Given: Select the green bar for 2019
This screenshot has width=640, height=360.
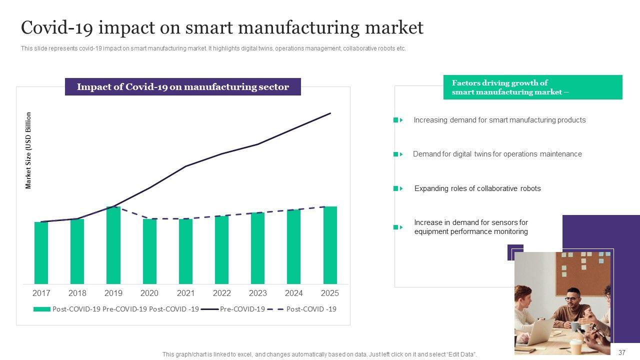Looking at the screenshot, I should pyautogui.click(x=113, y=245).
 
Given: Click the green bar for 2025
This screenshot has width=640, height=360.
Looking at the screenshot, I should pyautogui.click(x=330, y=245).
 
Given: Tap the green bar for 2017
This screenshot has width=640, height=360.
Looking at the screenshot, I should pyautogui.click(x=41, y=252).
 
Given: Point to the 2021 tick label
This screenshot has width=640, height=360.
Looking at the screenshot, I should pyautogui.click(x=185, y=293).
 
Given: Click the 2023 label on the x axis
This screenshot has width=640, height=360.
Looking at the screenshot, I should pyautogui.click(x=258, y=293).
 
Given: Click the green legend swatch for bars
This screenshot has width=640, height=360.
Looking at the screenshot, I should pyautogui.click(x=42, y=309).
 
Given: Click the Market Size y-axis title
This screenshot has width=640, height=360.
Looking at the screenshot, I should pyautogui.click(x=28, y=150).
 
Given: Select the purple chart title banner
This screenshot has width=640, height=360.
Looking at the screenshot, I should pyautogui.click(x=183, y=87).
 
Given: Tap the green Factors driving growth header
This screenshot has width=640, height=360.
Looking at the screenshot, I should pyautogui.click(x=532, y=87).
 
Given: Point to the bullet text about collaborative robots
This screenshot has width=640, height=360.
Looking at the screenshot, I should pyautogui.click(x=477, y=188).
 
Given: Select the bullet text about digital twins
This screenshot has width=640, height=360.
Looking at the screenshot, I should pyautogui.click(x=497, y=154).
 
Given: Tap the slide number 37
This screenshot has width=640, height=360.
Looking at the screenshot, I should pyautogui.click(x=622, y=352).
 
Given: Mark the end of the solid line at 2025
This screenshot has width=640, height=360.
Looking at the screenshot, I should pyautogui.click(x=330, y=113).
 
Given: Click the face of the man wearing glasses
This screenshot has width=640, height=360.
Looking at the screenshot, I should pyautogui.click(x=571, y=299).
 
